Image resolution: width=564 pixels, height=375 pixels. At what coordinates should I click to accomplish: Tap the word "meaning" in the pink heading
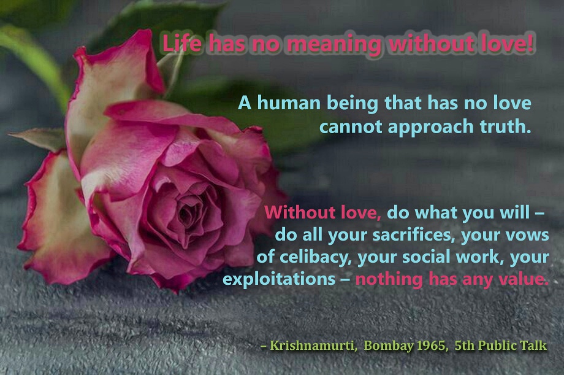point(334,45)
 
